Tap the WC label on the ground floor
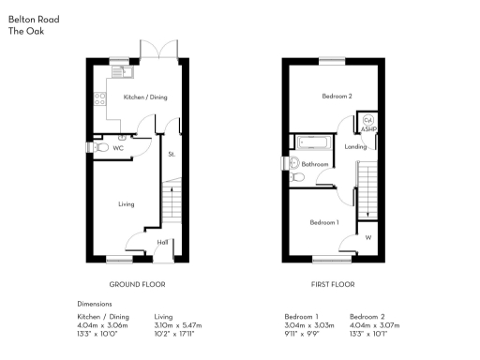(119, 148)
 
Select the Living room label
(127, 203)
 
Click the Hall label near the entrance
(162, 243)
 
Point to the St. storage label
(172, 154)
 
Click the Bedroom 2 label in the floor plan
(337, 97)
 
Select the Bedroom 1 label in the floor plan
(324, 222)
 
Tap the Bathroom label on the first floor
(315, 164)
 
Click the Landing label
(355, 146)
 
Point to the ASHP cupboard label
(367, 130)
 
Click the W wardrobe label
(367, 237)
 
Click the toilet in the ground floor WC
(98, 147)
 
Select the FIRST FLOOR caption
(333, 283)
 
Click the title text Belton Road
(30, 19)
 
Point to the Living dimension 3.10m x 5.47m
(177, 325)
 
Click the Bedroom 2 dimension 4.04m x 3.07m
(374, 325)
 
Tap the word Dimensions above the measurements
(95, 304)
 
